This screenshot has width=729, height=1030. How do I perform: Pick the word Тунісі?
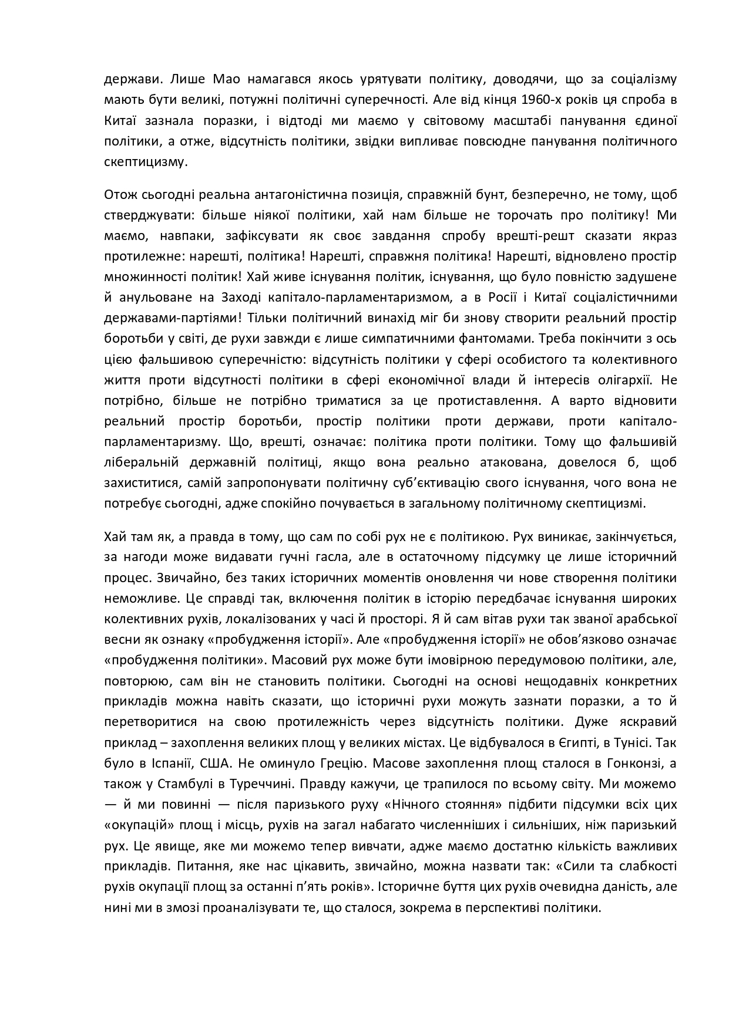[629, 742]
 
